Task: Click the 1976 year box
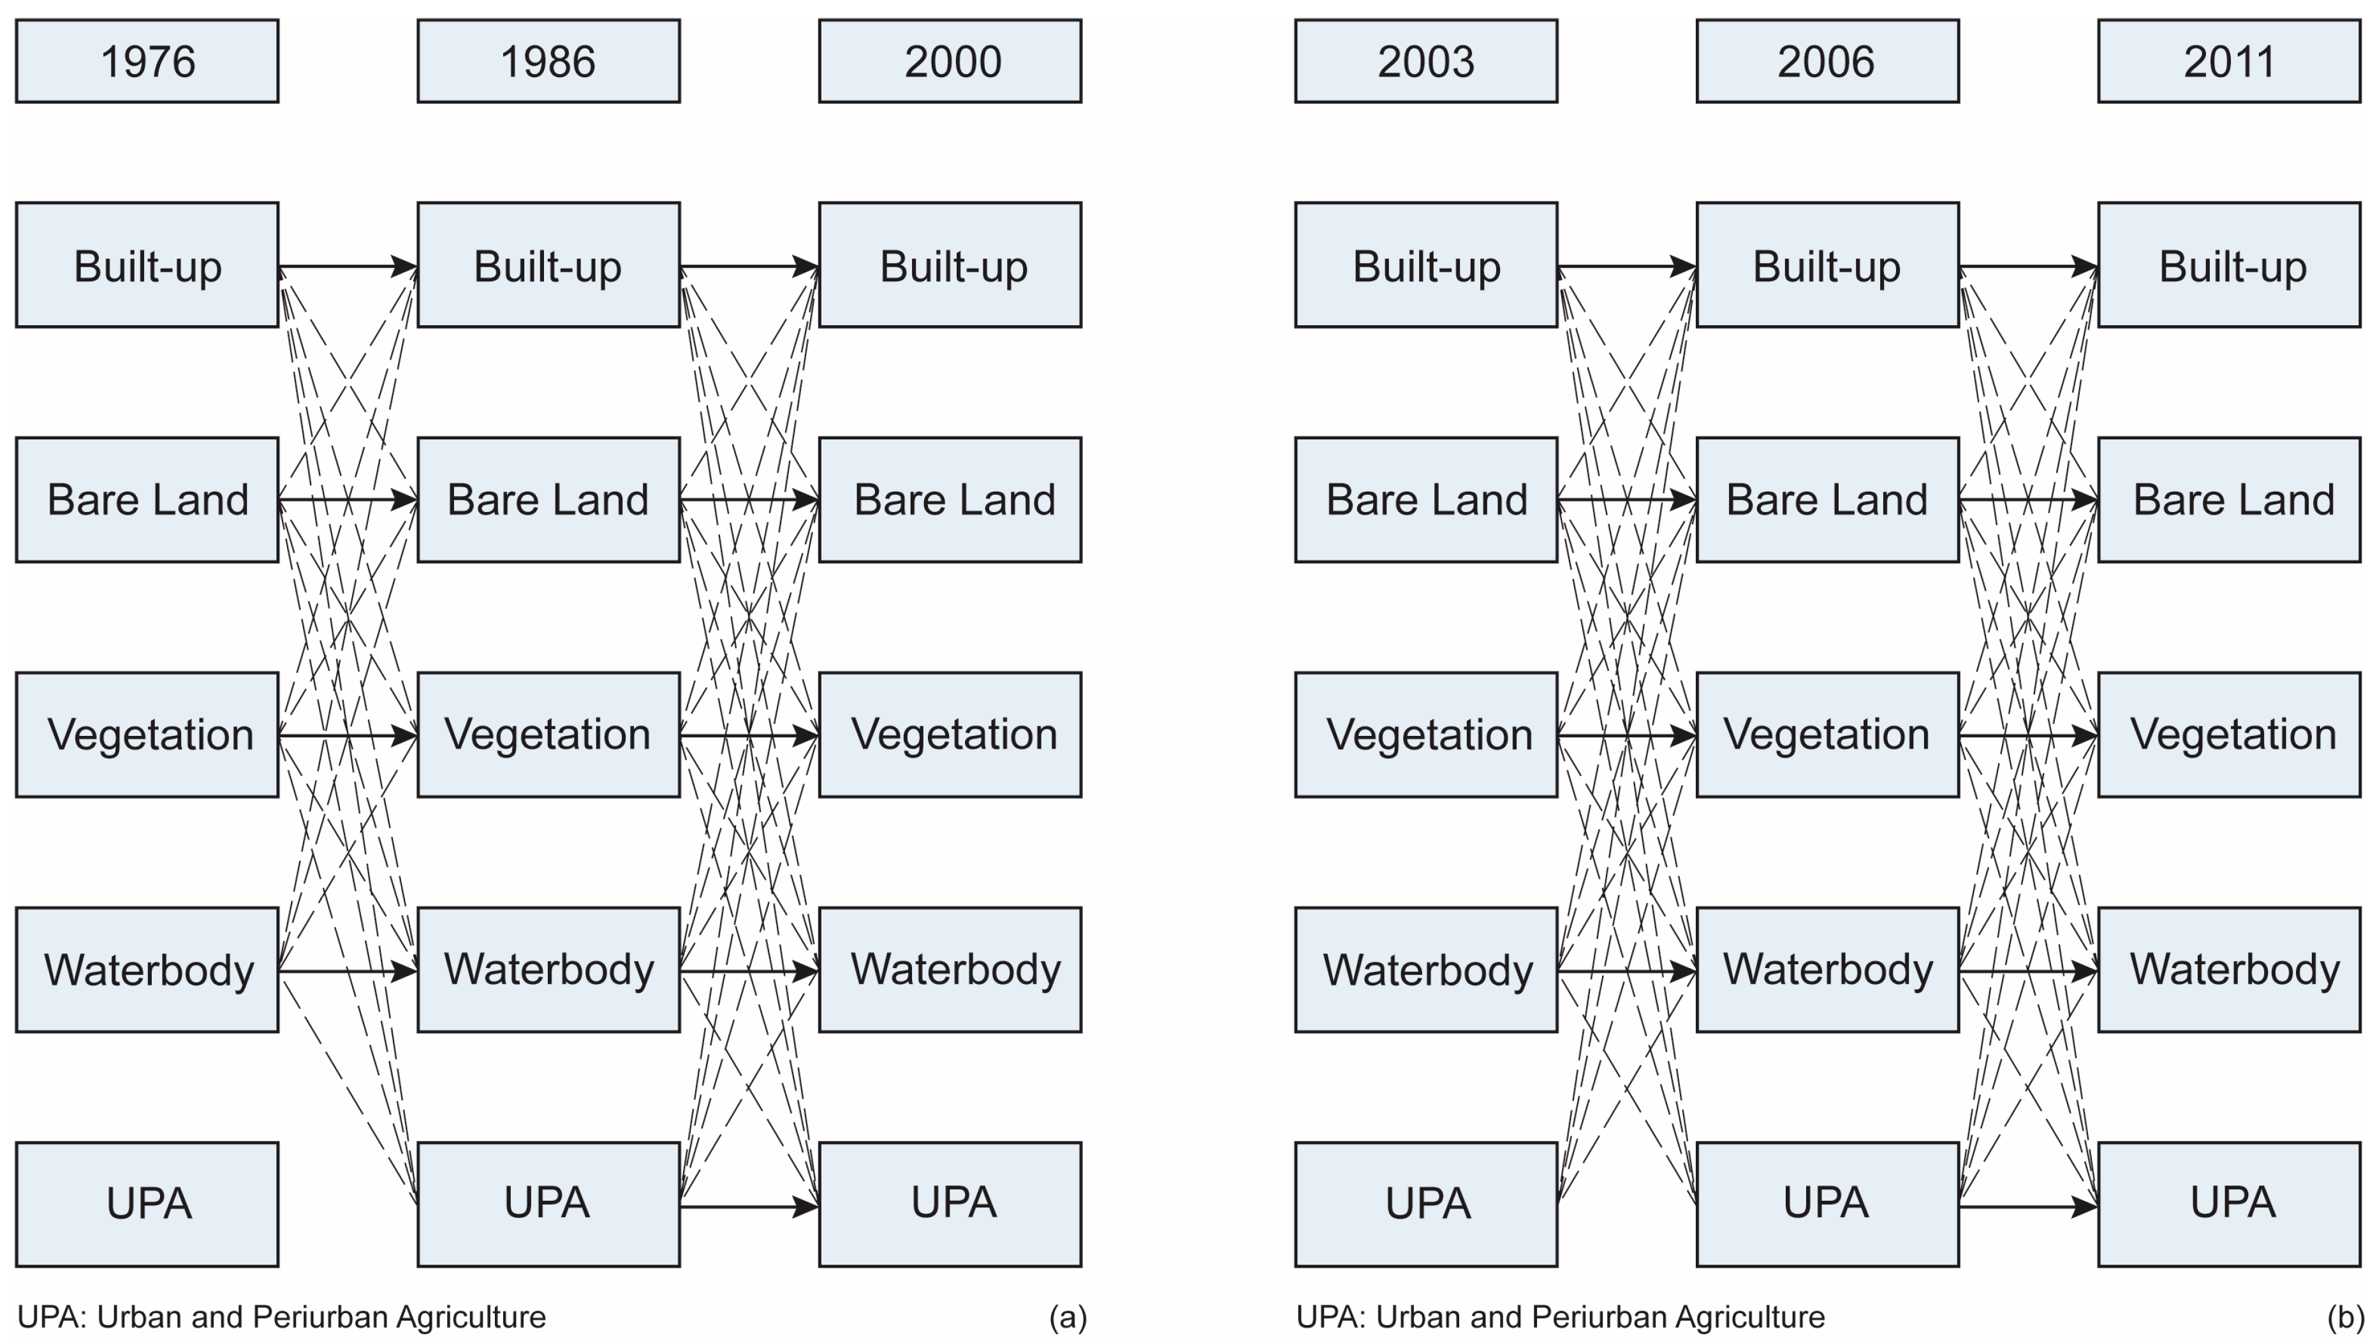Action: coord(147,61)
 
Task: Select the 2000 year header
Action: coord(950,61)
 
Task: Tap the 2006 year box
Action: coord(1827,61)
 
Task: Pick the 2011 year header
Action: coord(2229,61)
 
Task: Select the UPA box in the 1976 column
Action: coord(147,1204)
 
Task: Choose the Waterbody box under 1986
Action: coord(548,969)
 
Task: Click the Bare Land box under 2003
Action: coord(1426,499)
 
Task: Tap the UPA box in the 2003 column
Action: coord(1426,1204)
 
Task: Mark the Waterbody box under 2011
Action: coord(2229,969)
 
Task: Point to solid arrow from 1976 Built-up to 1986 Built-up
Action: coord(346,267)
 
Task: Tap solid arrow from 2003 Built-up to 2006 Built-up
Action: coord(1625,267)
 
